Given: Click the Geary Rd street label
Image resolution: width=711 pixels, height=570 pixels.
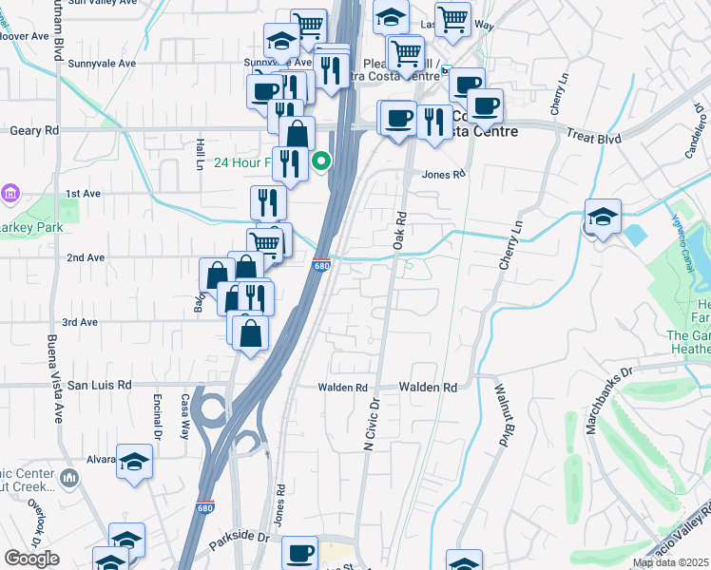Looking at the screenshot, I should pyautogui.click(x=33, y=130).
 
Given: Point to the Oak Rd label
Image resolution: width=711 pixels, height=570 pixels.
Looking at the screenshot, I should pyautogui.click(x=400, y=230).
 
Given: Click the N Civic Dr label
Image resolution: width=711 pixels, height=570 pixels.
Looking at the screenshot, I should pyautogui.click(x=372, y=424).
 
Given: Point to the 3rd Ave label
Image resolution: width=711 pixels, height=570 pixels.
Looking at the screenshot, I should pyautogui.click(x=81, y=322).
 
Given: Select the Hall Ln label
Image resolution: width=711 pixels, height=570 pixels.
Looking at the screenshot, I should pyautogui.click(x=201, y=153).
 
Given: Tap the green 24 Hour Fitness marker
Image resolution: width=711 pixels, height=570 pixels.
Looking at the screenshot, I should pyautogui.click(x=322, y=161).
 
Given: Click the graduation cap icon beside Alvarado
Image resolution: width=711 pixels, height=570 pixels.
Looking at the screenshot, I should pyautogui.click(x=135, y=462).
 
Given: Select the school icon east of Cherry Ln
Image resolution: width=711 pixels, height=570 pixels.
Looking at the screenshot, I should pyautogui.click(x=603, y=218).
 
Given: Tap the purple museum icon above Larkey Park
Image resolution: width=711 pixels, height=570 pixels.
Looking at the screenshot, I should pyautogui.click(x=10, y=194).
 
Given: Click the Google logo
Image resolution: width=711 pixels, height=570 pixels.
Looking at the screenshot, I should pyautogui.click(x=31, y=559).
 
